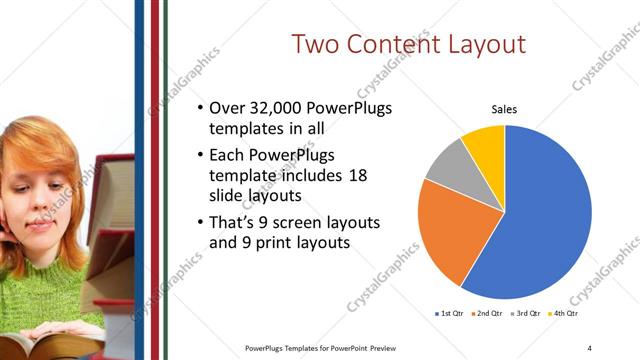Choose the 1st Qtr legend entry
[x=450, y=314]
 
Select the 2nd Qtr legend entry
[x=486, y=314]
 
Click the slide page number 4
[x=589, y=347]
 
